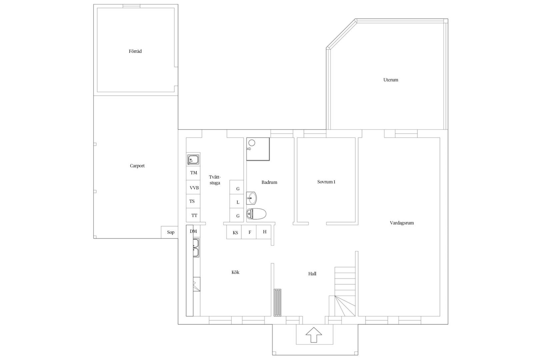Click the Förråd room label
tap(135, 51)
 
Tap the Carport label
tap(137, 166)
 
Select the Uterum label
tap(391, 80)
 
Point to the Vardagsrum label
tap(402, 223)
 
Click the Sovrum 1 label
tap(326, 182)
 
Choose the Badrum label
tap(269, 182)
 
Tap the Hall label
tap(312, 274)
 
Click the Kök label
tap(235, 272)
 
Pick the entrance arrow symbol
tap(314, 335)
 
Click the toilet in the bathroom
tap(256, 214)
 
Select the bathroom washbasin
tap(251, 198)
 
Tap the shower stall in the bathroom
tap(258, 149)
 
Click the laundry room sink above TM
tap(193, 160)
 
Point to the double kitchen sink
tap(196, 248)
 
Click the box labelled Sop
tap(170, 232)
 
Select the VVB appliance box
tap(193, 187)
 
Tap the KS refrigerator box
tap(234, 232)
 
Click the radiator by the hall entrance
tap(277, 302)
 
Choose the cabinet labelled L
tap(236, 201)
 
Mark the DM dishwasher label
tap(193, 231)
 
